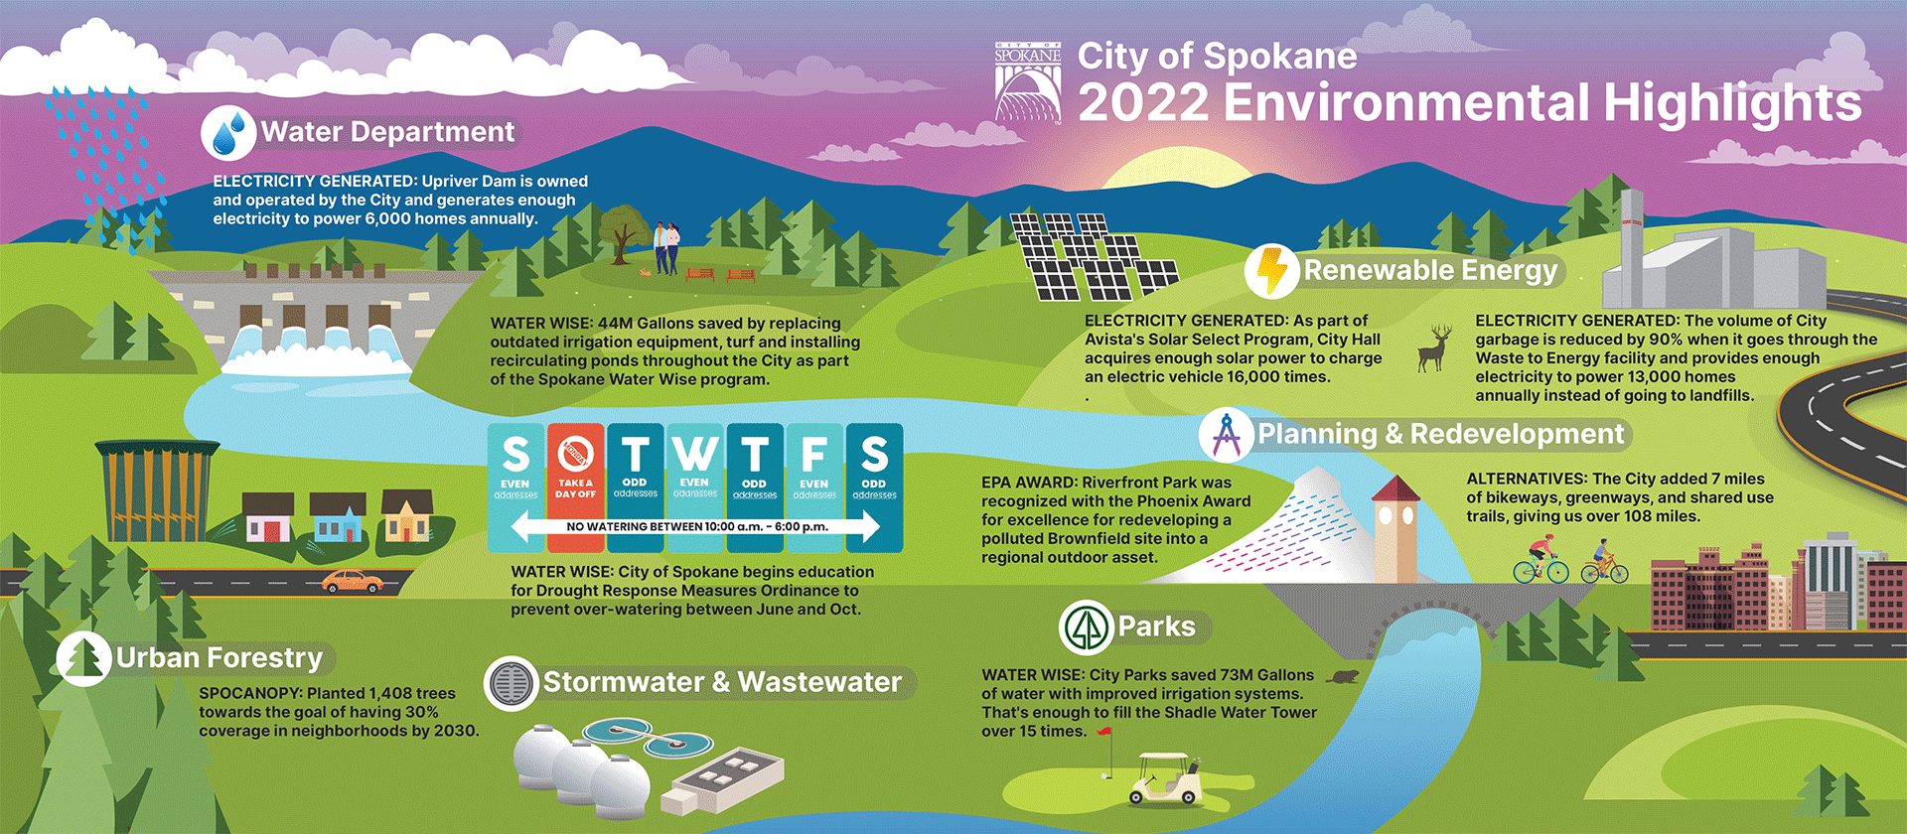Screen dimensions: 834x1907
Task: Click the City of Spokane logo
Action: [1028, 83]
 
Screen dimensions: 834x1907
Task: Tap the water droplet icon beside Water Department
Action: [229, 133]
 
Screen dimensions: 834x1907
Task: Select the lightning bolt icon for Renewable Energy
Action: [1271, 270]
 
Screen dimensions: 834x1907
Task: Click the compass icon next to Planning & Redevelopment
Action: [1227, 435]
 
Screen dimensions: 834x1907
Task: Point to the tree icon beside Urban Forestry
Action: [83, 658]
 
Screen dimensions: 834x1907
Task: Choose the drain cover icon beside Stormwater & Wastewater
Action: [512, 684]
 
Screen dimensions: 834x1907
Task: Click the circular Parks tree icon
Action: [1086, 627]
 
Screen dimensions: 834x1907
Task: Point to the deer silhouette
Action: [1434, 348]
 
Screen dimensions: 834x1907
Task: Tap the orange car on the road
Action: [353, 581]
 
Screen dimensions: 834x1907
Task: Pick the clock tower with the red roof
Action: [1395, 526]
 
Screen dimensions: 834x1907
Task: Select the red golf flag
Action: [1105, 733]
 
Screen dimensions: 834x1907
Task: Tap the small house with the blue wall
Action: [338, 518]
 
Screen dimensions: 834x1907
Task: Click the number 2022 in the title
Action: [1143, 103]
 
